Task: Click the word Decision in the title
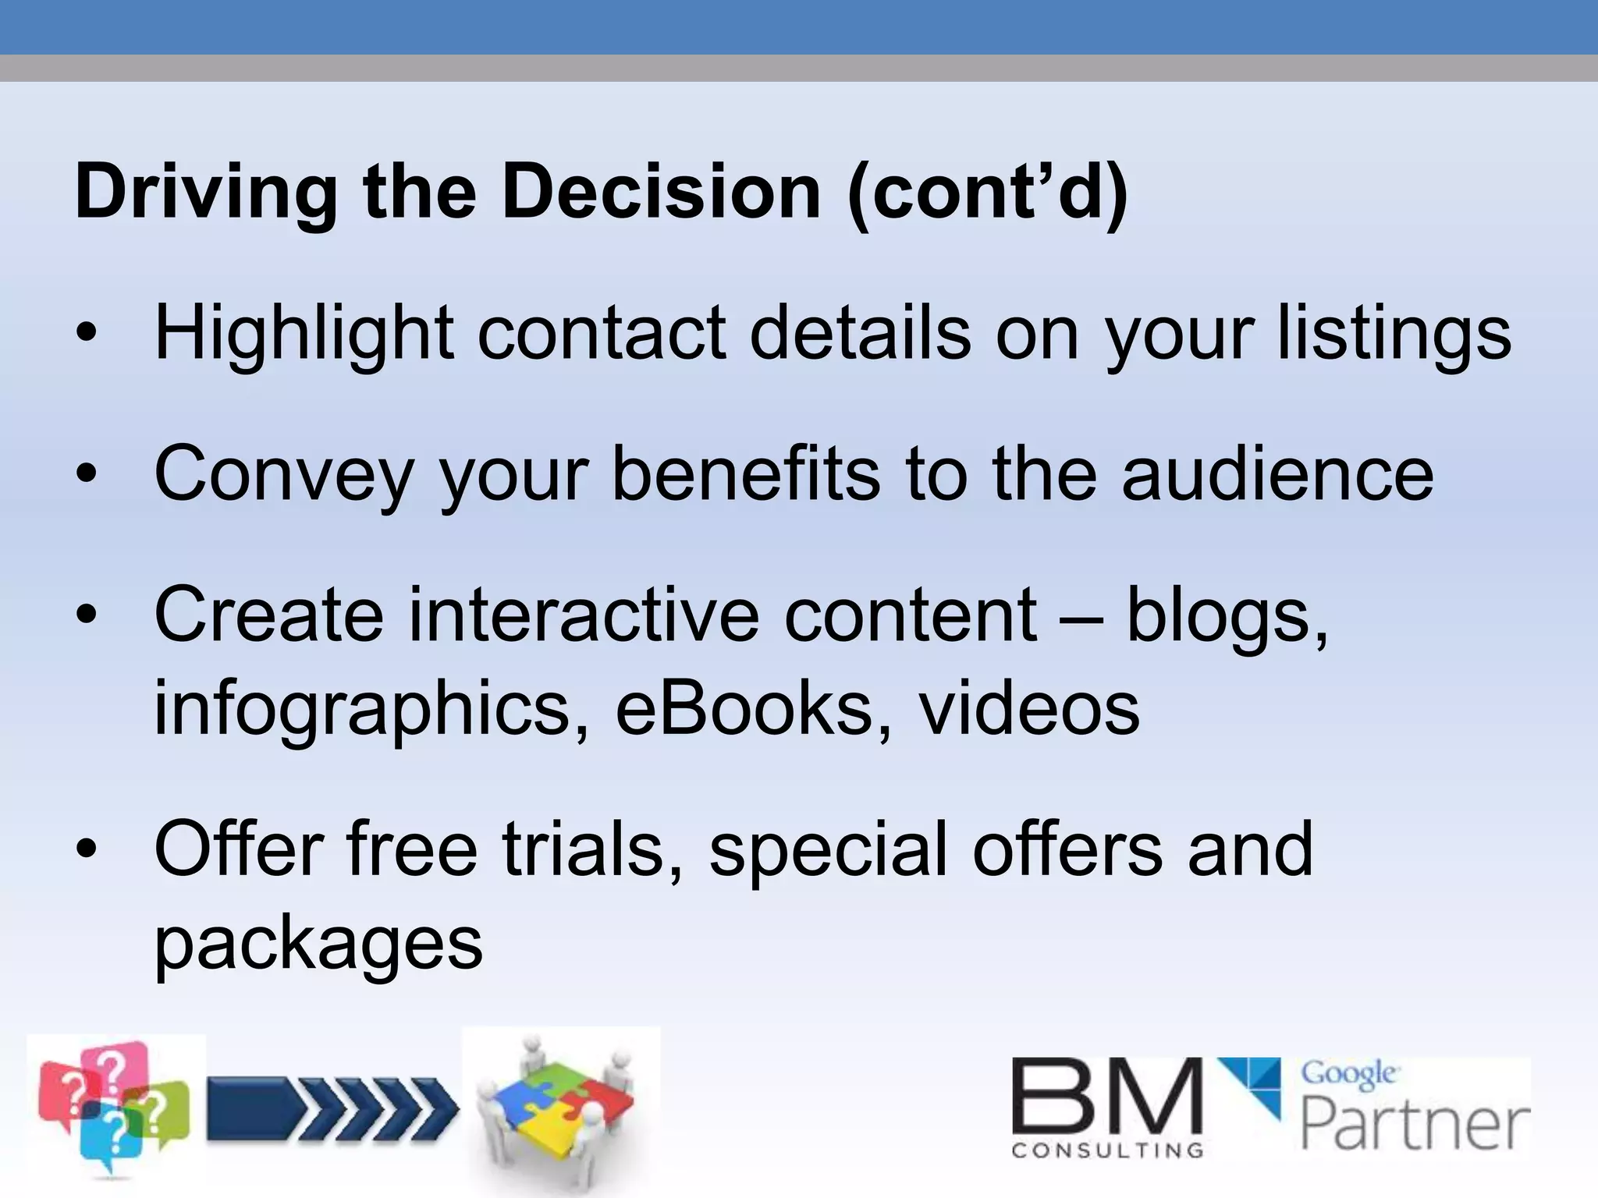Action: pyautogui.click(x=661, y=193)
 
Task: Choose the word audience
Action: pyautogui.click(x=1277, y=474)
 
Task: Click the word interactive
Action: pyautogui.click(x=584, y=615)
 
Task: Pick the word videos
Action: pyautogui.click(x=1028, y=708)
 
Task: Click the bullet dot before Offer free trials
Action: pyautogui.click(x=87, y=848)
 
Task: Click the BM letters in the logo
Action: pyautogui.click(x=1106, y=1097)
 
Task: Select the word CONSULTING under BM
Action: pyautogui.click(x=1106, y=1150)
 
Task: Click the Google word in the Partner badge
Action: pyautogui.click(x=1348, y=1074)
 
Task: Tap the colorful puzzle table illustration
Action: pyautogui.click(x=560, y=1108)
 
